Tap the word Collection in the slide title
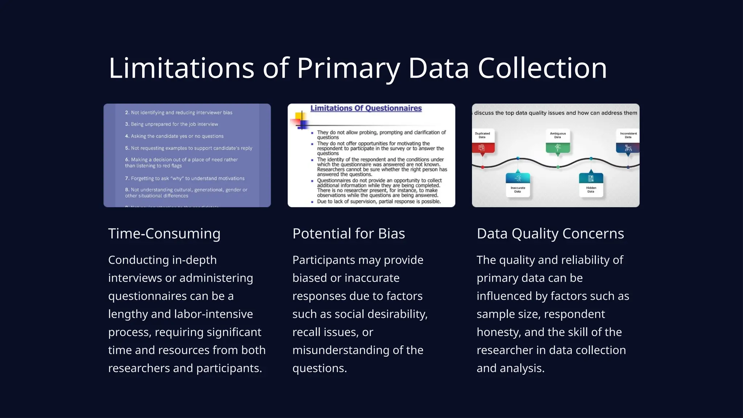(x=542, y=68)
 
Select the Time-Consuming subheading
(x=164, y=234)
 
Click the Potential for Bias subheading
(x=348, y=234)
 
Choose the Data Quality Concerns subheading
(x=550, y=234)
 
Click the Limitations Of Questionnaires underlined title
(x=366, y=108)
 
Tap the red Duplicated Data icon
(x=482, y=148)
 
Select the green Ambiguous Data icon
(x=558, y=148)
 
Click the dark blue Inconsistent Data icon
(x=628, y=148)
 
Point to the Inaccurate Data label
(x=518, y=189)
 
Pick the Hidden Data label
(x=591, y=189)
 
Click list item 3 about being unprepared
(x=172, y=124)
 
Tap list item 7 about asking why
(x=185, y=179)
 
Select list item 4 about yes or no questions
(x=175, y=136)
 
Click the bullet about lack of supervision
(x=379, y=201)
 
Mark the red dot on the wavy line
(x=483, y=167)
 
